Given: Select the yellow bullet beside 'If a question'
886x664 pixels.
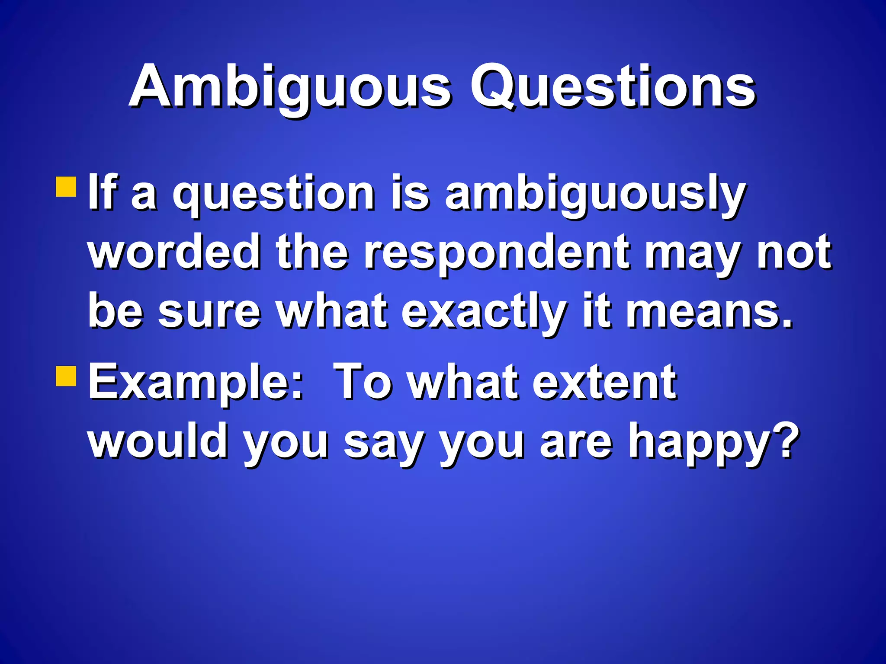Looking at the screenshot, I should tap(66, 187).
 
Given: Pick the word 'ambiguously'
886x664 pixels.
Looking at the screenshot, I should tap(595, 194).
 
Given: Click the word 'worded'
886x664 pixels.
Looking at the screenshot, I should tap(175, 252).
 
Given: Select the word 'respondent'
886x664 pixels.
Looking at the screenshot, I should tap(497, 253).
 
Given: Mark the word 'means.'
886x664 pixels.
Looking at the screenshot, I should tap(709, 312).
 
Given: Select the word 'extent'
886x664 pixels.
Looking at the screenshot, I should tap(604, 383).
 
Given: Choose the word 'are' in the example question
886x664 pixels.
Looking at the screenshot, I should tap(576, 442).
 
